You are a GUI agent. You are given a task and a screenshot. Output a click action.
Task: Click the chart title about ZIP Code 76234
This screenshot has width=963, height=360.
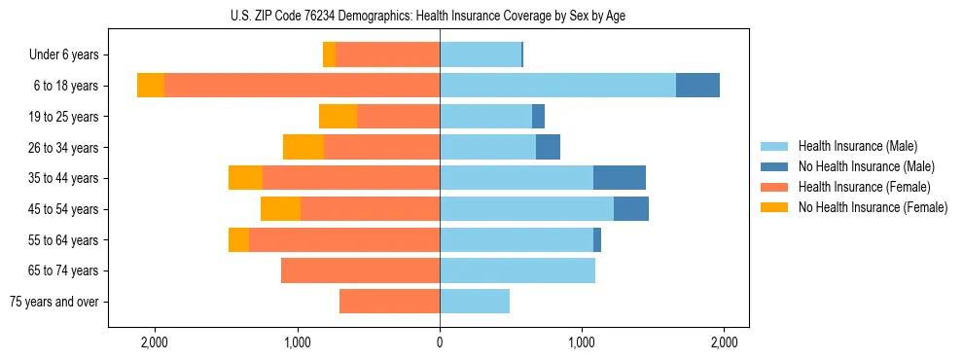coord(440,16)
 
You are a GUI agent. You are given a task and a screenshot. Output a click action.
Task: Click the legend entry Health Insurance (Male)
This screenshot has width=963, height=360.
coord(857,146)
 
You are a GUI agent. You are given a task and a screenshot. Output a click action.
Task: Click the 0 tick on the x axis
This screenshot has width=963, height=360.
coord(440,342)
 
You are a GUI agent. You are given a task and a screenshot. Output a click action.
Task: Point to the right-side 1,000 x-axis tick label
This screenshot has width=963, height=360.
coord(582,342)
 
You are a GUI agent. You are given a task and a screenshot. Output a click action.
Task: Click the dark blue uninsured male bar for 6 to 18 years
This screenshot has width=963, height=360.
coord(697,86)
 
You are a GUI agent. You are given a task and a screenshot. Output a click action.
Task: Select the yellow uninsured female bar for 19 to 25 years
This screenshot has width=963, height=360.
coord(338,117)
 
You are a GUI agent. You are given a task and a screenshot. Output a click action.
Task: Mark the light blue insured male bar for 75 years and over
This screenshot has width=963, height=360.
coord(475,302)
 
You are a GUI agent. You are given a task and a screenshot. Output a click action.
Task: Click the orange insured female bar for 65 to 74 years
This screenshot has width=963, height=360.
coord(360,270)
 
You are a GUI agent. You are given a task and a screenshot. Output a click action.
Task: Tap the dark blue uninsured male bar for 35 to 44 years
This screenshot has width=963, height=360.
coord(620,178)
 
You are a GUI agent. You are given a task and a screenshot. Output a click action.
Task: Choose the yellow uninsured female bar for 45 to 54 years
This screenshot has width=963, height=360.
coord(280,209)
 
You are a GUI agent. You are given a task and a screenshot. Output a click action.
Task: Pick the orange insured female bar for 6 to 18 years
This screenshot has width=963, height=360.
coord(302,86)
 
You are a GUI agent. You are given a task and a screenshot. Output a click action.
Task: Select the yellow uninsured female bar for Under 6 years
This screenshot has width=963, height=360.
coord(329,55)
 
